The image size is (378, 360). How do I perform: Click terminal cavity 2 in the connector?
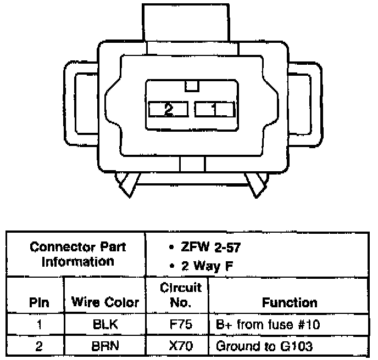click(x=168, y=109)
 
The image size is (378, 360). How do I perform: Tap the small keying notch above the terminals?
click(x=192, y=86)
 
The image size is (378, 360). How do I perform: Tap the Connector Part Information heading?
click(x=77, y=254)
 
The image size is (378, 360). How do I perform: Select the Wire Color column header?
click(x=105, y=302)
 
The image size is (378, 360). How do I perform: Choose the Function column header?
click(x=290, y=302)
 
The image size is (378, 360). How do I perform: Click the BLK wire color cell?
click(x=105, y=325)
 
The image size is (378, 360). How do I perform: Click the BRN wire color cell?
click(x=105, y=346)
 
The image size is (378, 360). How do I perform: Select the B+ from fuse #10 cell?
click(x=268, y=325)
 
